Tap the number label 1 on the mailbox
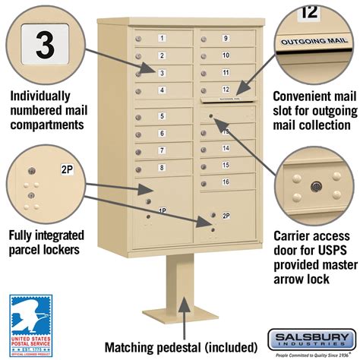(162, 38)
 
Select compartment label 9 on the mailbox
(226, 38)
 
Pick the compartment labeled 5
(162, 116)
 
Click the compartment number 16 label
(226, 182)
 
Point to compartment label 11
(226, 72)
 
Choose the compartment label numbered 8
(162, 167)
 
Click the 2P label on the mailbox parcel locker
(226, 216)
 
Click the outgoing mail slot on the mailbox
(226, 98)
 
